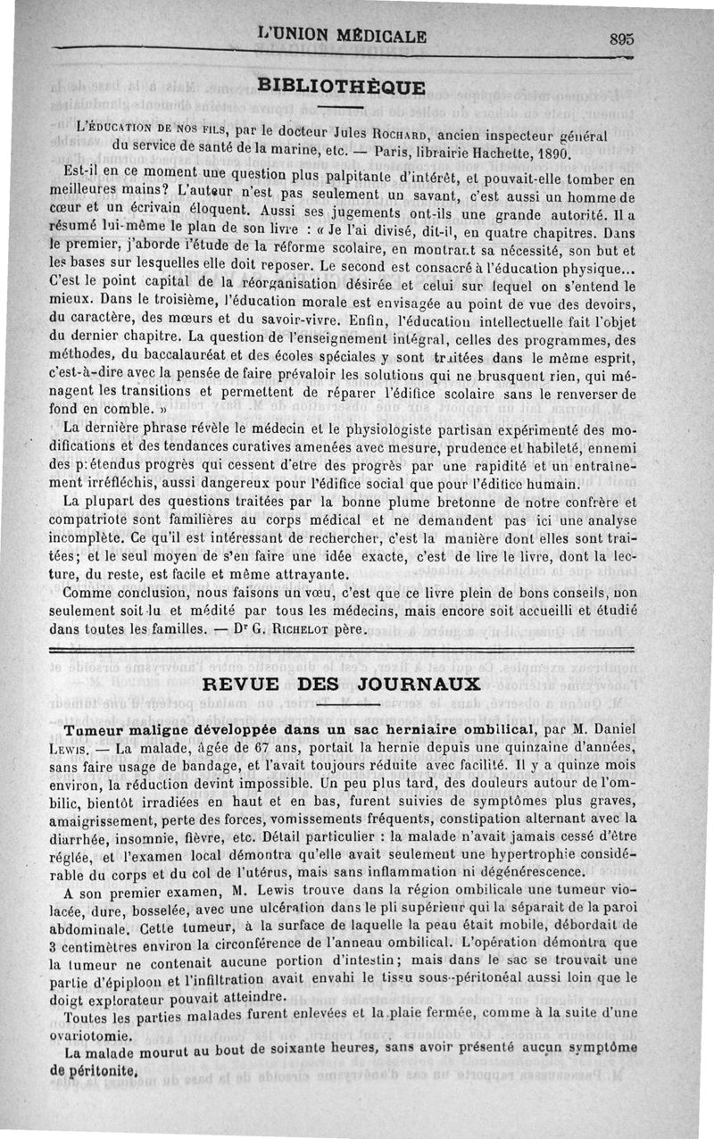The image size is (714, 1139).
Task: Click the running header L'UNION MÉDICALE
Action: [x=342, y=37]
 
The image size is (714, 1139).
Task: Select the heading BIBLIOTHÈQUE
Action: [x=342, y=86]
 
